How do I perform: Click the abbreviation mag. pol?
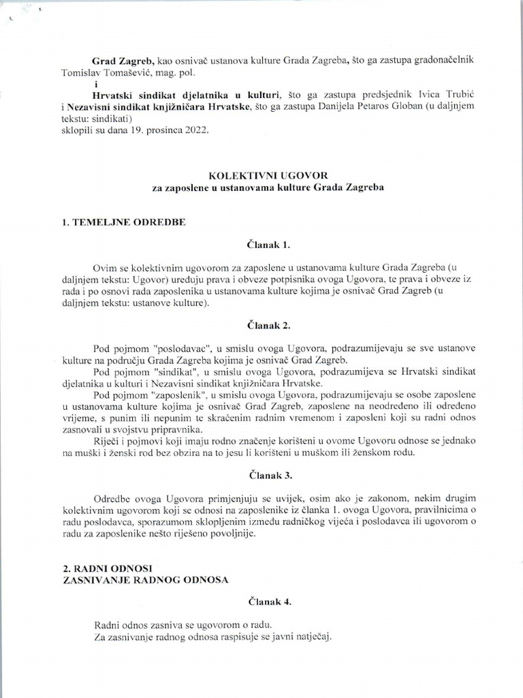pos(206,72)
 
